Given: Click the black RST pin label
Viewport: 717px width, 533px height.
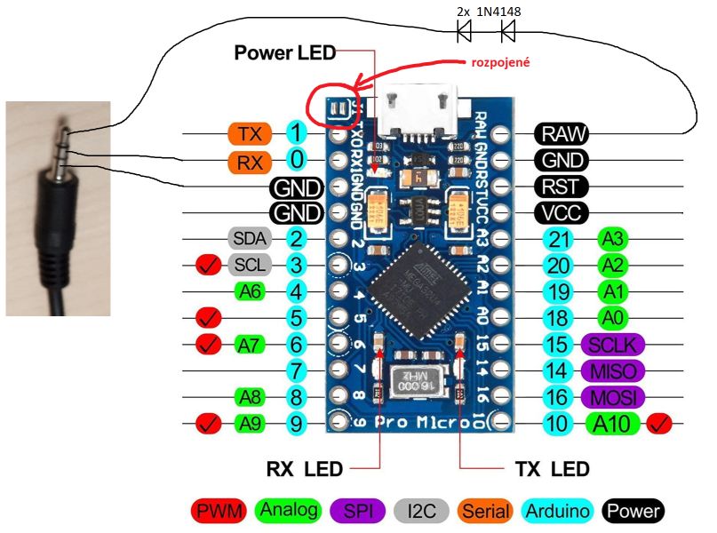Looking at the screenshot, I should point(562,187).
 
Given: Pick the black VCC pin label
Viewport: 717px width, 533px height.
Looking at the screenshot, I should point(562,213).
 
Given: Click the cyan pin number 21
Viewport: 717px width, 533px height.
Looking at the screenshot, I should point(557,238).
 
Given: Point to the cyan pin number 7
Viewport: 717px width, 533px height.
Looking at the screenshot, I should point(297,370).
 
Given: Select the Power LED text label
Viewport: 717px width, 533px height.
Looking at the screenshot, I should point(284,53).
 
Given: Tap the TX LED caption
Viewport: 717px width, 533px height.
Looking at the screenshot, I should point(553,467).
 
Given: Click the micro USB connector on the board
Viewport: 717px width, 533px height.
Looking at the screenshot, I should point(416,110).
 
